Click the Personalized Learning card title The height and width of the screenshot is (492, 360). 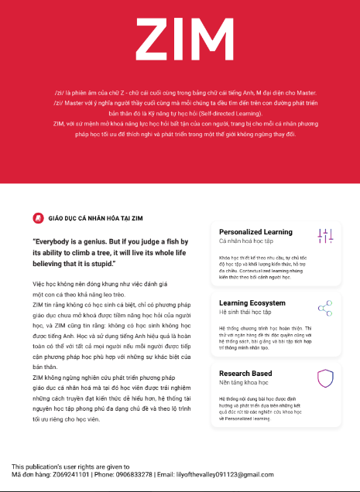point(255,232)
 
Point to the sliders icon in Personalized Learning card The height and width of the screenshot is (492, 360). point(325,236)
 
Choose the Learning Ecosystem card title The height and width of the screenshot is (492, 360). point(252,302)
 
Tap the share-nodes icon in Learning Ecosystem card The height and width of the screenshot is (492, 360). point(325,308)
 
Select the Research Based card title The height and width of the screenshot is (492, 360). point(245,374)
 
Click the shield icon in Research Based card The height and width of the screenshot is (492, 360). point(325,378)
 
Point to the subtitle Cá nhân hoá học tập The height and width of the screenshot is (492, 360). point(242,241)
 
